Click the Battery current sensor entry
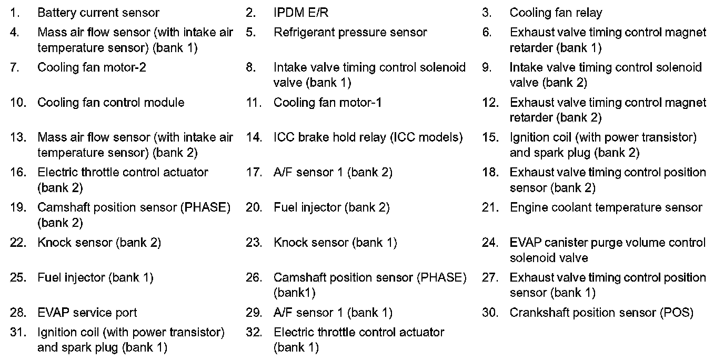pyautogui.click(x=98, y=13)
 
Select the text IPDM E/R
pyautogui.click(x=301, y=13)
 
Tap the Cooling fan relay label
pyautogui.click(x=556, y=13)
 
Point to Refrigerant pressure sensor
pyautogui.click(x=350, y=33)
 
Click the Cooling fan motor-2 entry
pyautogui.click(x=92, y=67)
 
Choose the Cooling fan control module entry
pyautogui.click(x=110, y=103)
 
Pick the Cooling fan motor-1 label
pyautogui.click(x=327, y=103)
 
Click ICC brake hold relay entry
pyautogui.click(x=368, y=137)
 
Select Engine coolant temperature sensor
pyautogui.click(x=606, y=207)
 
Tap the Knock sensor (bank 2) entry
pyautogui.click(x=99, y=243)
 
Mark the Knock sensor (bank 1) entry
pyautogui.click(x=335, y=243)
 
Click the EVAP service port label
pyautogui.click(x=87, y=313)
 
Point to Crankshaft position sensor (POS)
pyautogui.click(x=601, y=313)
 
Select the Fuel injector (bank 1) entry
pyautogui.click(x=95, y=277)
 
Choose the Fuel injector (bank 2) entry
pyautogui.click(x=331, y=207)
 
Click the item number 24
pyautogui.click(x=490, y=243)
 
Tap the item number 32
pyautogui.click(x=254, y=333)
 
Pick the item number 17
pyautogui.click(x=254, y=172)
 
